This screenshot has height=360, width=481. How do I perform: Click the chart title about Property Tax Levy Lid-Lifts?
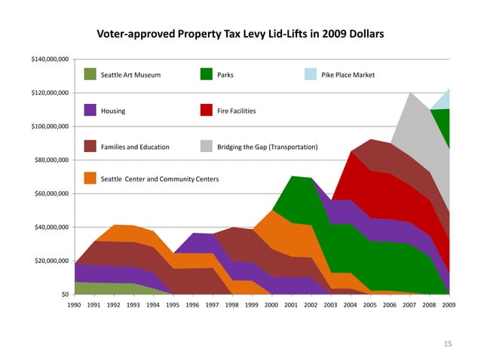pyautogui.click(x=240, y=35)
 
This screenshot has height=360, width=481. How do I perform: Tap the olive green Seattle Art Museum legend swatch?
pyautogui.click(x=90, y=75)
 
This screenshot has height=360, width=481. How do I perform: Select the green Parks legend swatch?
pyautogui.click(x=206, y=75)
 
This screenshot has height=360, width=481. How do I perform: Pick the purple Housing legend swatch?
pyautogui.click(x=90, y=110)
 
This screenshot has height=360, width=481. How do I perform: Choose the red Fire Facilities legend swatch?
pyautogui.click(x=206, y=110)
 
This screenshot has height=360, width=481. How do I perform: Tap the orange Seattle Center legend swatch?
pyautogui.click(x=90, y=178)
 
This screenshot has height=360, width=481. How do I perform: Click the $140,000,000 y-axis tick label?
pyautogui.click(x=50, y=59)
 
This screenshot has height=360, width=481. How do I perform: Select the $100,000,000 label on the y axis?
pyautogui.click(x=50, y=127)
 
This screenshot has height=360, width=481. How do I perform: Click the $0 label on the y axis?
pyautogui.click(x=66, y=294)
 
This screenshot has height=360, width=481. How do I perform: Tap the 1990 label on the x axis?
pyautogui.click(x=75, y=307)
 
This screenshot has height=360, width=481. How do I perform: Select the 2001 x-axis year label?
pyautogui.click(x=291, y=307)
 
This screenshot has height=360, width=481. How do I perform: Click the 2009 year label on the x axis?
pyautogui.click(x=449, y=307)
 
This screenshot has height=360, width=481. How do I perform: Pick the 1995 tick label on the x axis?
pyautogui.click(x=173, y=307)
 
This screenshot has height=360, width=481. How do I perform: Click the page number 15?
pyautogui.click(x=448, y=344)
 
